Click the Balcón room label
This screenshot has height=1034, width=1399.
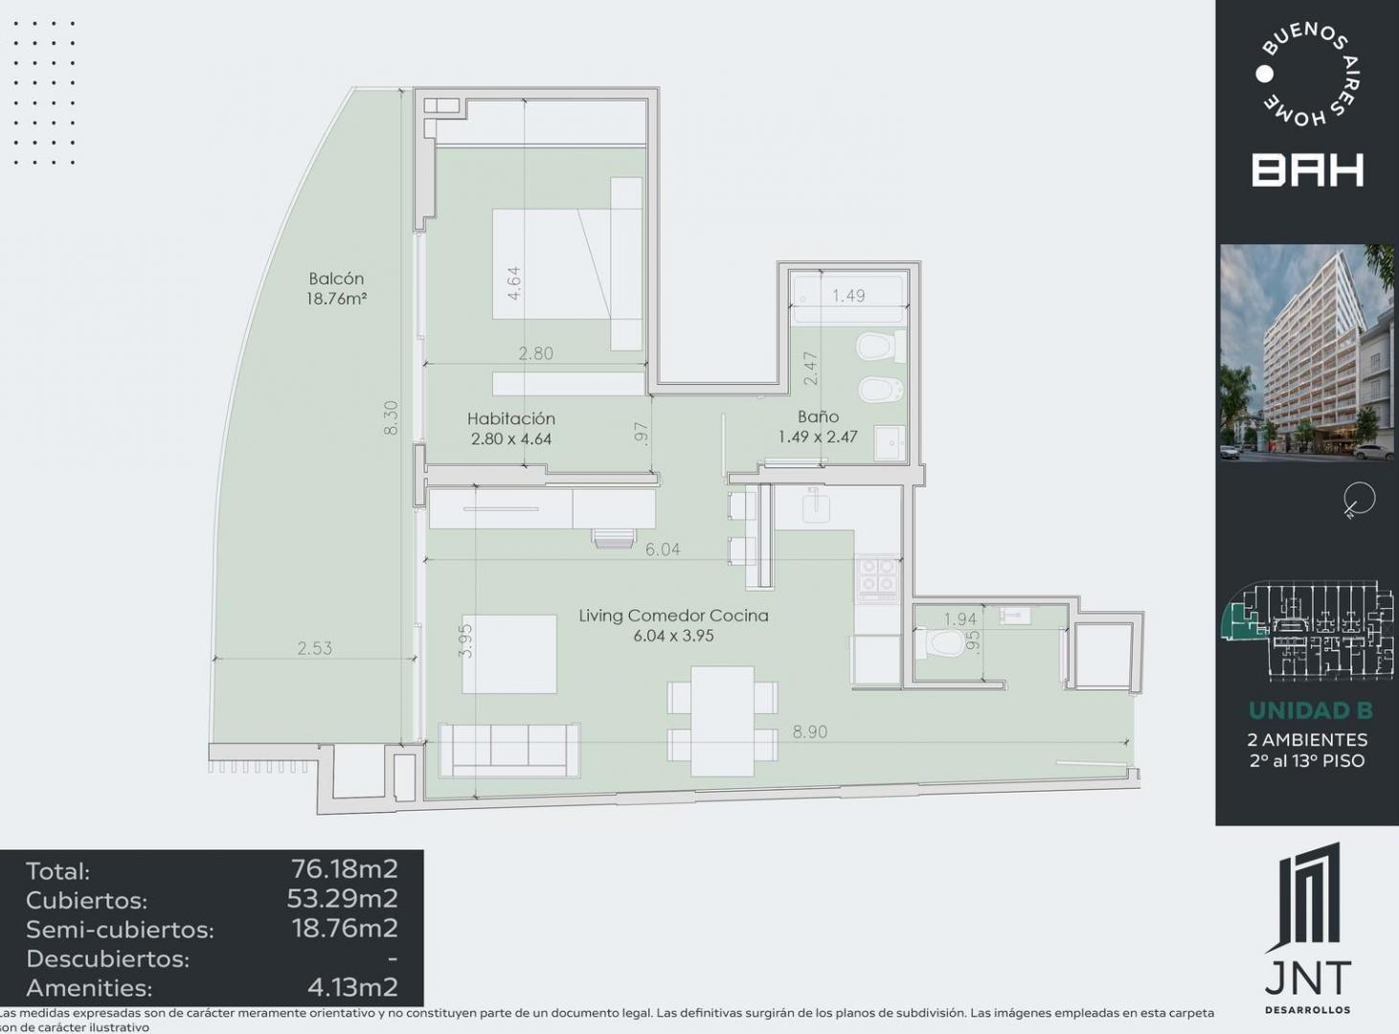[x=336, y=279]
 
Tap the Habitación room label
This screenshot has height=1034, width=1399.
[x=511, y=418]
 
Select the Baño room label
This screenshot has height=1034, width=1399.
[x=818, y=416]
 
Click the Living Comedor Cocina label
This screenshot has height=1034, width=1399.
[x=673, y=615]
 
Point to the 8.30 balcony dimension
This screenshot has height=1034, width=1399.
[x=391, y=417]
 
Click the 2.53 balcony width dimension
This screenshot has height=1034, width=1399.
[x=314, y=648]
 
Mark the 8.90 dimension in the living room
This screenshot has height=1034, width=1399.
[x=809, y=731]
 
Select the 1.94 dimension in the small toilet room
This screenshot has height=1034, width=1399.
[x=960, y=619]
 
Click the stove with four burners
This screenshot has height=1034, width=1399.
[x=877, y=578]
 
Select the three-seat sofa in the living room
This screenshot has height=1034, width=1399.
[x=509, y=750]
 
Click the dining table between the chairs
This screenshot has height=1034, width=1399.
[x=722, y=721]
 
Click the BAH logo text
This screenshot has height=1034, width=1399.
[x=1307, y=170]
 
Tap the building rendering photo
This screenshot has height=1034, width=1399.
[x=1307, y=352]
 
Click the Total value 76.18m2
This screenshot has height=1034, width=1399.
[x=345, y=869]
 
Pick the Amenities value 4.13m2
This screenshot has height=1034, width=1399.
[x=352, y=987]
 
